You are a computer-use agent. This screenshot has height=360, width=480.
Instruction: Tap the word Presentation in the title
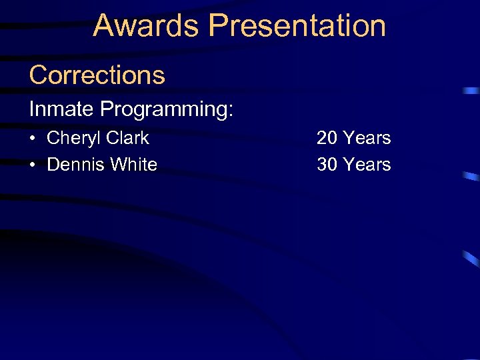297,26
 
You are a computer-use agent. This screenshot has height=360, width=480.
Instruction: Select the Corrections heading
97,75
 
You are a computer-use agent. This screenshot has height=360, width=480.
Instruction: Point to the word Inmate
62,109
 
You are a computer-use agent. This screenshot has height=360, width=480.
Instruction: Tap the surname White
135,164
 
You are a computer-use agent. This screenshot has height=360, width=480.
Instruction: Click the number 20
327,138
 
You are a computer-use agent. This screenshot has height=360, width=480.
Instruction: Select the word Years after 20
367,138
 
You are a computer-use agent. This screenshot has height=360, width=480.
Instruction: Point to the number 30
327,164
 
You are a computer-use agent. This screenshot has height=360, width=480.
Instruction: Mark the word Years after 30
367,164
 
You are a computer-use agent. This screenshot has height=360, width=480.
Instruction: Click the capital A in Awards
103,26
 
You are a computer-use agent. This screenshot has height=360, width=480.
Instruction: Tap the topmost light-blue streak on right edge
471,90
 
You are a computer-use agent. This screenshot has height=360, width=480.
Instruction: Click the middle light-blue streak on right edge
471,177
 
